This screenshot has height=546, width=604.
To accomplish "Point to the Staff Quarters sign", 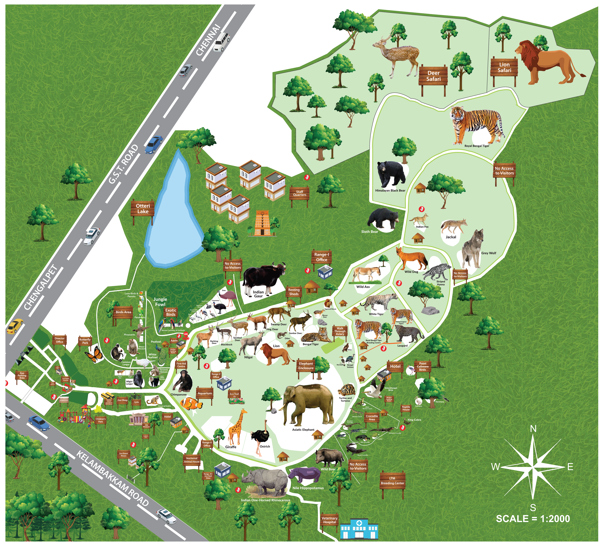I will click(299, 193).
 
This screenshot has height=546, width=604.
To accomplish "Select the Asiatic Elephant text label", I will click(303, 430).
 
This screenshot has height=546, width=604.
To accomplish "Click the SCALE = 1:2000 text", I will click(533, 519).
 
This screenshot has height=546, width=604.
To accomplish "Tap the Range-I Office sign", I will click(321, 257).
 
